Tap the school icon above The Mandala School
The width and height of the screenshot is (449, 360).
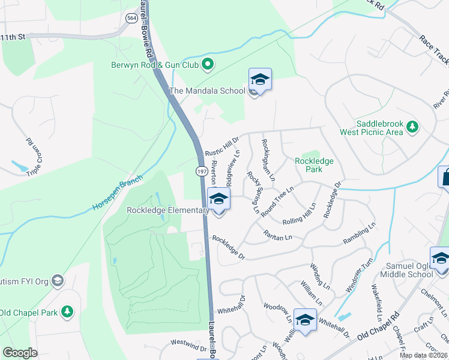(260, 79)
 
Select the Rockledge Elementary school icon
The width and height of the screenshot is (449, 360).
(218, 199)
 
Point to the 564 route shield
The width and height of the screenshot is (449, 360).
(131, 19)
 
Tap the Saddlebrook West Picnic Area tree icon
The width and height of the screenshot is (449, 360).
(412, 127)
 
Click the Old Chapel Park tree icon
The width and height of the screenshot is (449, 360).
(68, 312)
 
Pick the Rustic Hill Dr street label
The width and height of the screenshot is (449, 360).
(221, 147)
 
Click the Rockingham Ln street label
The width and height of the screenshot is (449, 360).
(268, 160)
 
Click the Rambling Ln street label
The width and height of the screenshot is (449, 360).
(360, 239)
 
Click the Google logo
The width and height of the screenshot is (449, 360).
(20, 353)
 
